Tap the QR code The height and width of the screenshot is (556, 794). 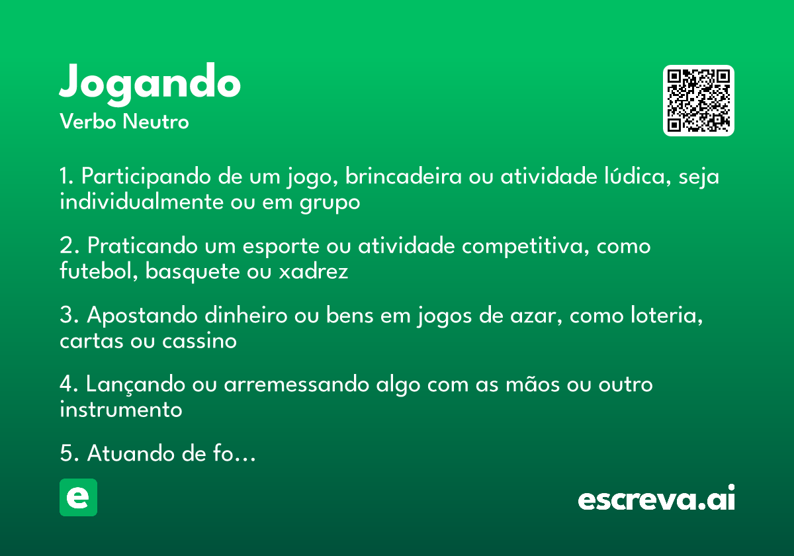tap(699, 101)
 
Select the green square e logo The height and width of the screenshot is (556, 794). tap(78, 497)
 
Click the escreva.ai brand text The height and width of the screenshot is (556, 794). tap(656, 500)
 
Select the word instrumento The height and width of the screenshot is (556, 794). tap(120, 409)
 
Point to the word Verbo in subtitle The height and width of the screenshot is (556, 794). tap(87, 122)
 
